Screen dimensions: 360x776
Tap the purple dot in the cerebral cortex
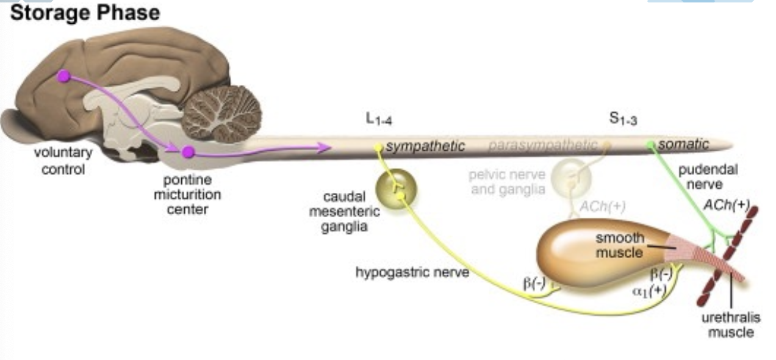pos(63,76)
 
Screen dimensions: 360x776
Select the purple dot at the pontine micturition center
pos(189,152)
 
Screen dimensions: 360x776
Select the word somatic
pos(683,145)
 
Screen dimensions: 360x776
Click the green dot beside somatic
pos(651,145)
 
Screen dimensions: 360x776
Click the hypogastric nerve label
pos(412,272)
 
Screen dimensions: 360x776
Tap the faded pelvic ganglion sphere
pos(572,178)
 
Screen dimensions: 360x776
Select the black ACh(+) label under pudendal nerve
pos(726,206)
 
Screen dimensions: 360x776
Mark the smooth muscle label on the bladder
pos(620,245)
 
